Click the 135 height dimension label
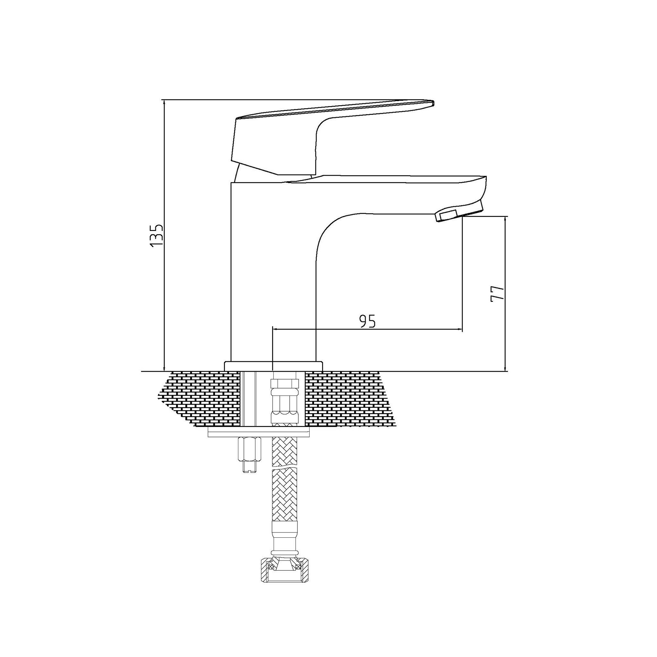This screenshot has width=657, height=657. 157,235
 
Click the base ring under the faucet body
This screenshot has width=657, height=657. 273,366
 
